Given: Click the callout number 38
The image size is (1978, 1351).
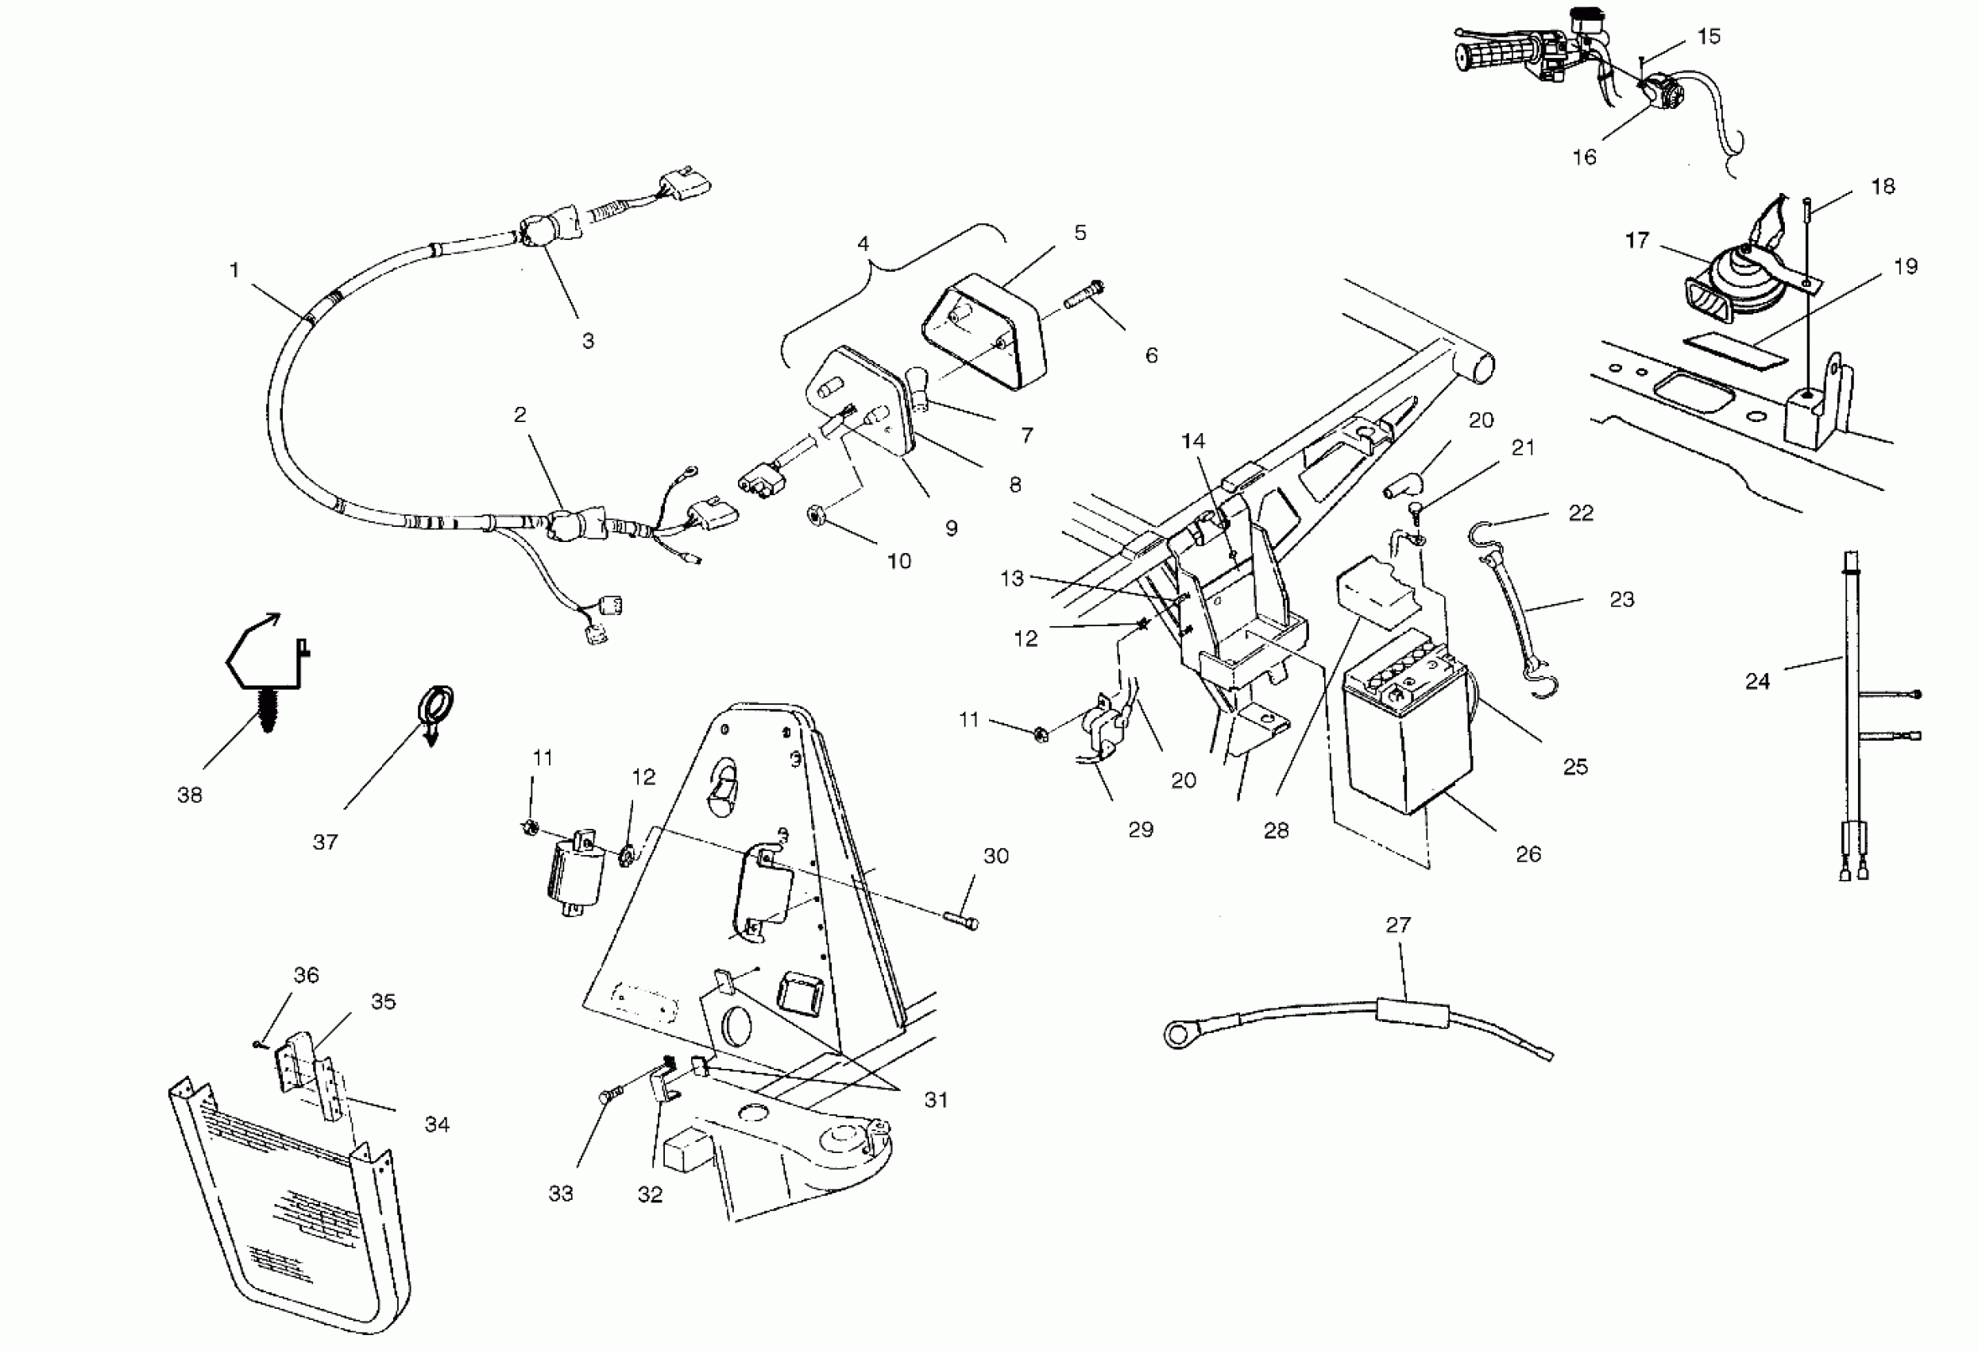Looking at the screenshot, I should [x=189, y=796].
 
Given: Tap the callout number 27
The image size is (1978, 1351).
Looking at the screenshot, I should [x=1397, y=924].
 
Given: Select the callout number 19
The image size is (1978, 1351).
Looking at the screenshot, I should [x=1905, y=266].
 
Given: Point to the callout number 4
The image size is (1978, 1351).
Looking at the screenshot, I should [x=863, y=244].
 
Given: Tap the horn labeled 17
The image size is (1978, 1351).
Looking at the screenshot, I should [x=1727, y=289].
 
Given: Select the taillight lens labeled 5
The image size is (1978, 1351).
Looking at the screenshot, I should [x=983, y=331].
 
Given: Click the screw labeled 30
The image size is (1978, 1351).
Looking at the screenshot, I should [x=960, y=920].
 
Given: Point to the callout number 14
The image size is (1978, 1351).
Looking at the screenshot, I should [x=1192, y=441].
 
